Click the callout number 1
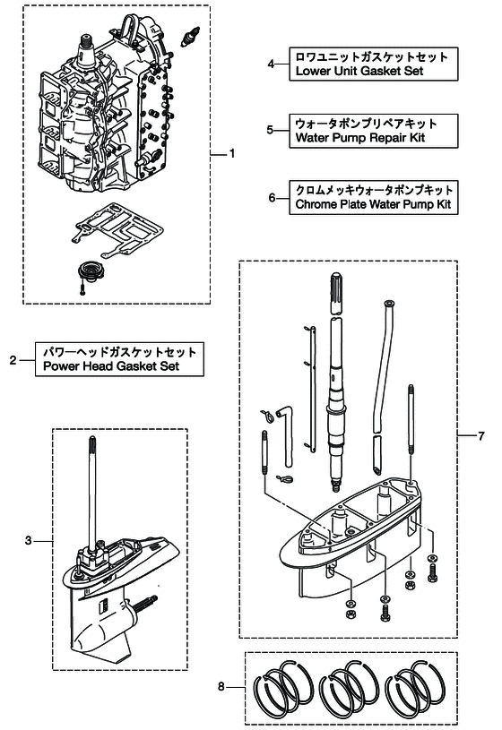232,154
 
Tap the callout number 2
13,360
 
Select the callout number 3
29,540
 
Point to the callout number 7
481,436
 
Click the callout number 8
221,687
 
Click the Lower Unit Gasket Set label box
373,64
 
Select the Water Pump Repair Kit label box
373,131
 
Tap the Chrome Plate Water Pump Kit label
373,197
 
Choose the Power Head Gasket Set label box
119,359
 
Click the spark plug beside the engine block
190,37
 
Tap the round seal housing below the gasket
88,271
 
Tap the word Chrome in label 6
315,204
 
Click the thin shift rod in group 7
312,389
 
